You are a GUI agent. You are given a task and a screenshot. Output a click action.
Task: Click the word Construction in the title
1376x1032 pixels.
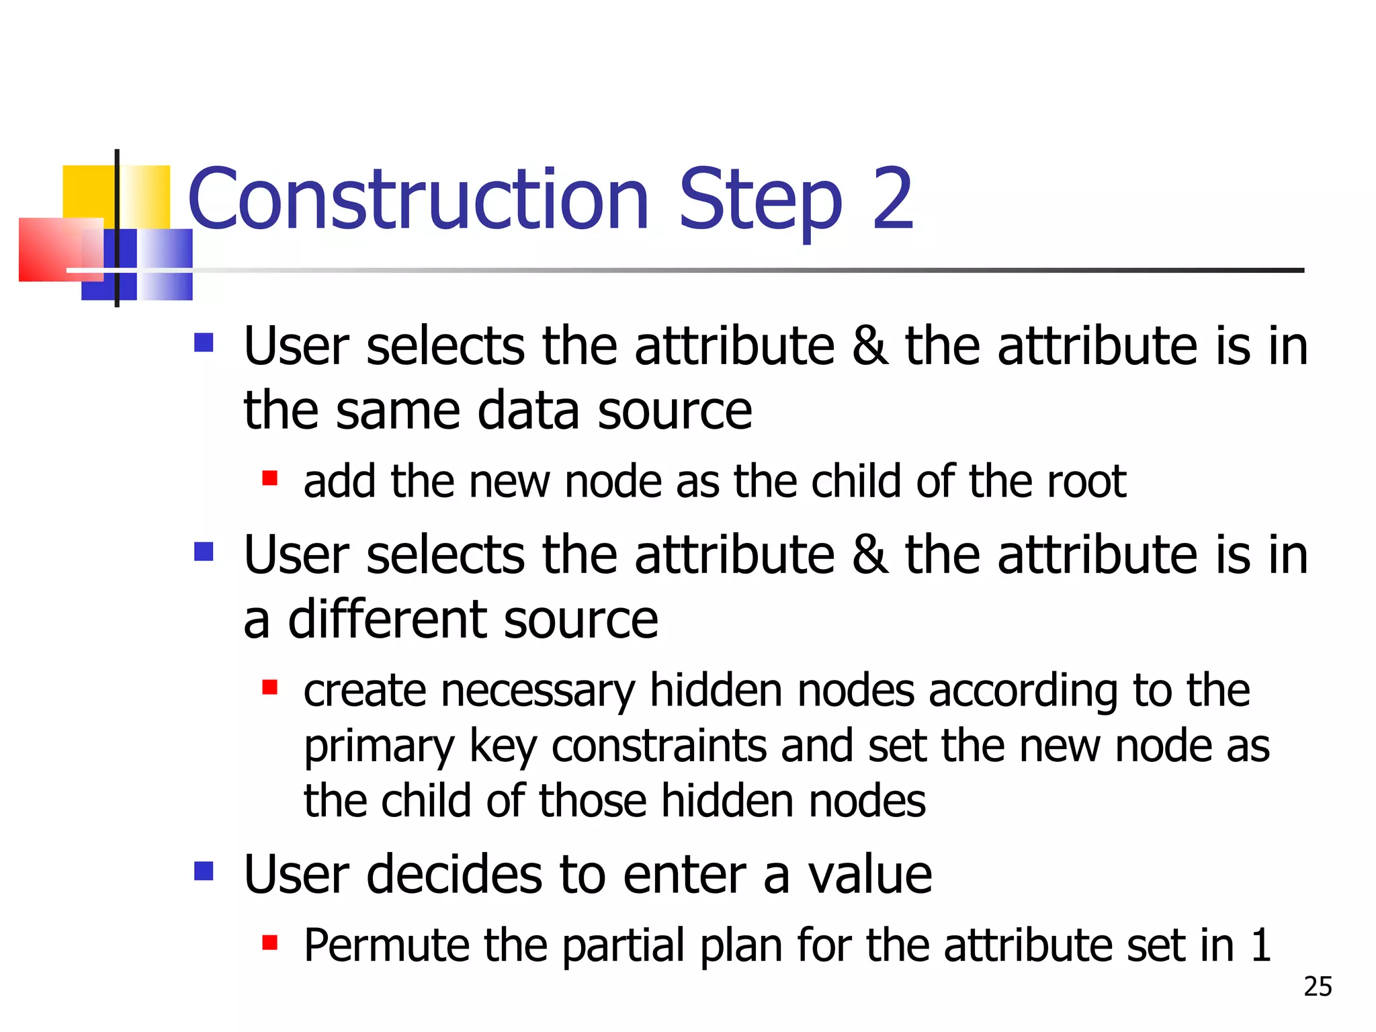tap(418, 199)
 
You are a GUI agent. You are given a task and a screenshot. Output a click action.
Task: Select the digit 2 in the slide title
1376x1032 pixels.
tap(892, 199)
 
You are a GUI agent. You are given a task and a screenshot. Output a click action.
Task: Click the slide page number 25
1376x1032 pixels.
tap(1318, 986)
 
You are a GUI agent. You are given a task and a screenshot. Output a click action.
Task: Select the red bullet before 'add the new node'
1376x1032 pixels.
tap(270, 478)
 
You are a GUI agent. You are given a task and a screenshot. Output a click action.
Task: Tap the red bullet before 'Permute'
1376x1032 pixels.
tap(270, 943)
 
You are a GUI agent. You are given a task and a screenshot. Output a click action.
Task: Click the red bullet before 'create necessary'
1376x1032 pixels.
tap(270, 687)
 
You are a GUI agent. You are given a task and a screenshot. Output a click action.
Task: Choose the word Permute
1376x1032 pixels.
tap(386, 945)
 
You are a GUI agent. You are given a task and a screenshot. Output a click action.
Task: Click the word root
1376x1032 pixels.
tap(1086, 482)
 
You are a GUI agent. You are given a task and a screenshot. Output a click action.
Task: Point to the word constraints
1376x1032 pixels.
tap(658, 746)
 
